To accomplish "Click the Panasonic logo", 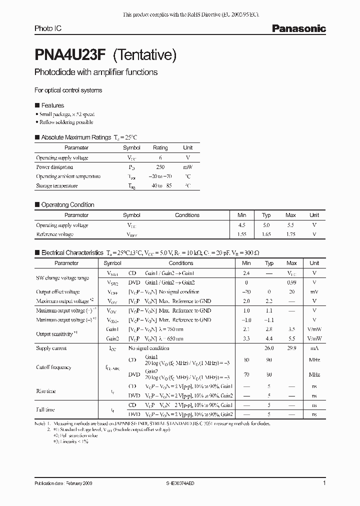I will point(298,29).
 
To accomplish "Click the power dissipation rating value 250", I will point(160,167).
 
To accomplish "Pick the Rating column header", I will point(160,147).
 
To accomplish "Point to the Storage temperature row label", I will point(56,185).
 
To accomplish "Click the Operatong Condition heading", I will point(67,204).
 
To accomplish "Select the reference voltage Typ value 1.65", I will point(266,234).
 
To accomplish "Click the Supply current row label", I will point(51,348).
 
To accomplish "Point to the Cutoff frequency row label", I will point(53,367).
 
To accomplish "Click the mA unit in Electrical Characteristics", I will point(314,348).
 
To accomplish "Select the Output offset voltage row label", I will point(57,291).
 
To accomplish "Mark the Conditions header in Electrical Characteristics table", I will point(180,263).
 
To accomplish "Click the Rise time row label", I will point(46,391).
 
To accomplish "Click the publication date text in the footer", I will point(63,484).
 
